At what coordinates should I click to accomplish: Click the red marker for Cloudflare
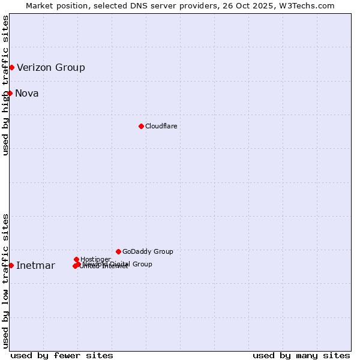click(141, 126)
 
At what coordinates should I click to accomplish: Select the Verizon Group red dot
click(11, 67)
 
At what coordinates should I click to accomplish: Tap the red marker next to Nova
click(10, 93)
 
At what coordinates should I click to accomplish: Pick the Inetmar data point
click(11, 265)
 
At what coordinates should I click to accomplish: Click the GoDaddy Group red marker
click(118, 251)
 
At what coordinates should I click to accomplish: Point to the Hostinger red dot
click(76, 259)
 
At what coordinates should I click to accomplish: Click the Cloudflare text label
click(161, 126)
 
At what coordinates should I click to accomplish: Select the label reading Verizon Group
click(51, 67)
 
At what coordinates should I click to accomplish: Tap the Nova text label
click(26, 93)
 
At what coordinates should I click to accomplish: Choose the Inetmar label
click(35, 266)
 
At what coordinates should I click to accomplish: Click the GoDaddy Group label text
click(148, 251)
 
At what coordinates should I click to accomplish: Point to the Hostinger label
click(95, 259)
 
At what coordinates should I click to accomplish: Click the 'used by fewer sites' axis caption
click(62, 355)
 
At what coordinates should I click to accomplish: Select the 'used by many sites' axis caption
click(301, 355)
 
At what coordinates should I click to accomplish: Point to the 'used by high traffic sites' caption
click(5, 85)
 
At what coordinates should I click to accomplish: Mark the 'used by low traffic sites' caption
click(5, 281)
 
